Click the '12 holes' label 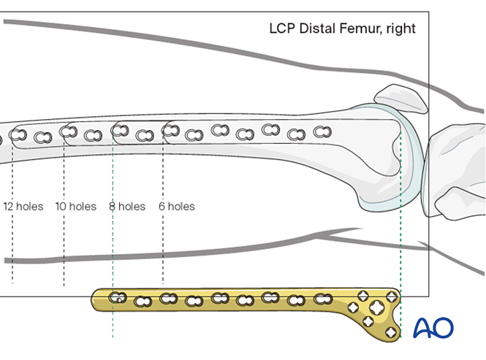point(23,207)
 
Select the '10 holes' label point(75,207)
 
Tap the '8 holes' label point(127,207)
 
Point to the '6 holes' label point(177,207)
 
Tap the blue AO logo point(433,328)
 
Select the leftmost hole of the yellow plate point(117,298)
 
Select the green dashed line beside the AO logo point(400,241)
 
